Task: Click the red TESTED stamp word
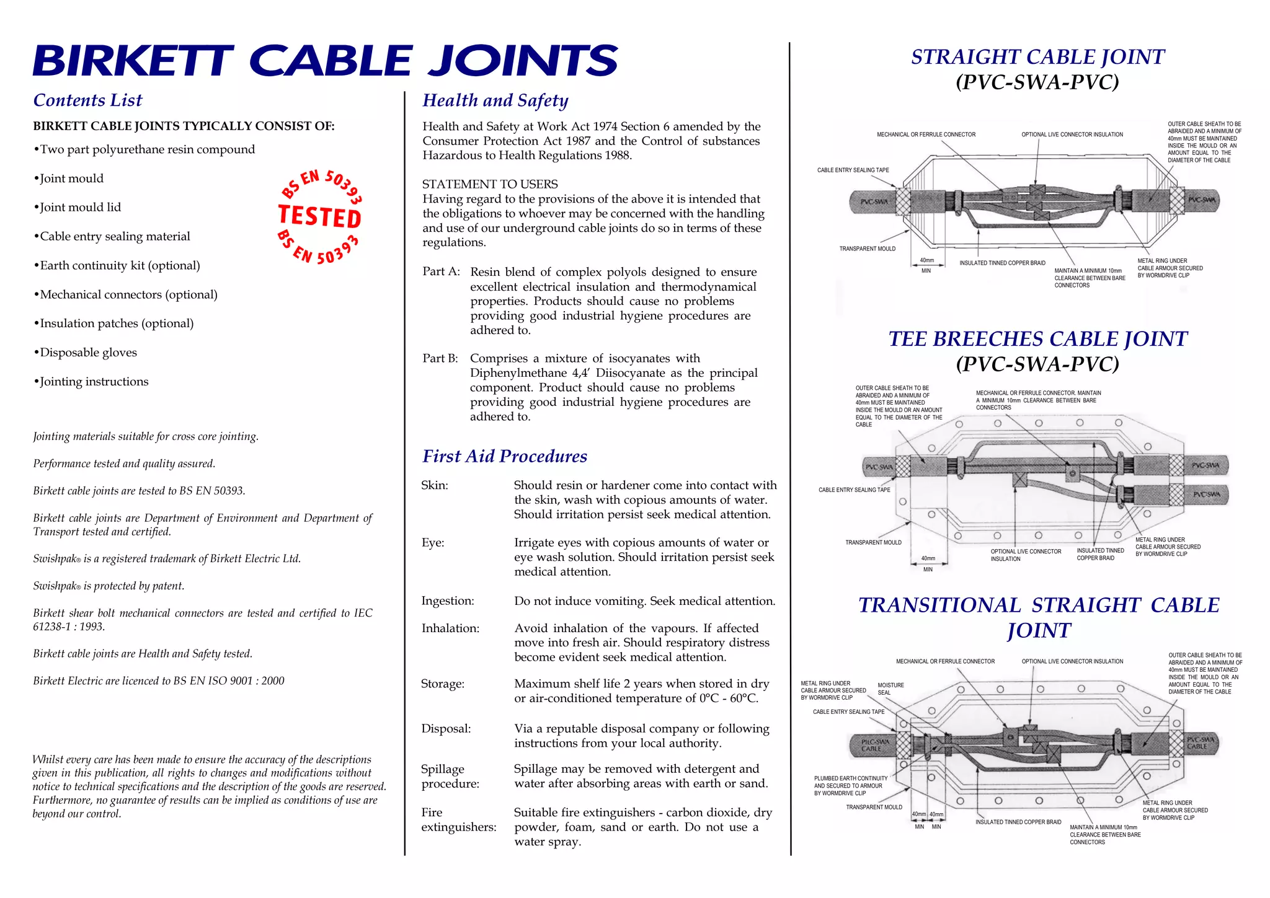pos(320,216)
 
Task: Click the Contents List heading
pos(87,100)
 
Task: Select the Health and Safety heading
pos(495,100)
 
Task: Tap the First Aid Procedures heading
pos(504,456)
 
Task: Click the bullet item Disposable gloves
pos(87,353)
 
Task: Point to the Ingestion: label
pos(447,601)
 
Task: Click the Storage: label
pos(442,684)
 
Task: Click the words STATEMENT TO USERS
pos(490,184)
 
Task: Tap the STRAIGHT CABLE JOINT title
pos(1037,57)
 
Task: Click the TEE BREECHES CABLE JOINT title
pos(1037,339)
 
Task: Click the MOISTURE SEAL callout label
pos(890,689)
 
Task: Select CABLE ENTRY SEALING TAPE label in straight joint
pos(853,170)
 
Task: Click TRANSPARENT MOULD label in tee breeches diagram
pos(873,542)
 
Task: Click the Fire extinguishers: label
pos(458,819)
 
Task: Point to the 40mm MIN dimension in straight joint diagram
pos(926,265)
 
